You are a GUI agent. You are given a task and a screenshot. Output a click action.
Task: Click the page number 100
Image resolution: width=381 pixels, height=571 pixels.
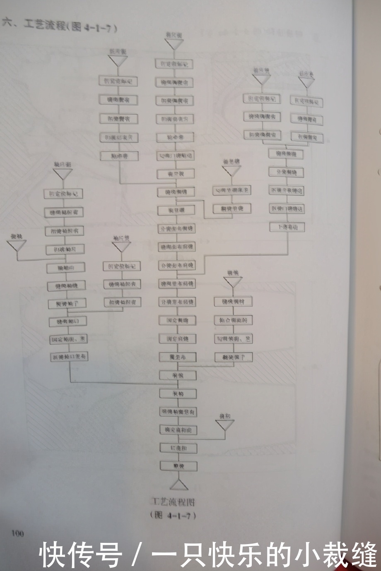tap(18, 533)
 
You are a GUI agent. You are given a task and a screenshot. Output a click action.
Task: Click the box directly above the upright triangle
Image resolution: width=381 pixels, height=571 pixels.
tap(178, 465)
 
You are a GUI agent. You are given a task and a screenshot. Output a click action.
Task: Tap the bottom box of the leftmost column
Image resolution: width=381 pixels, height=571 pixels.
tap(69, 356)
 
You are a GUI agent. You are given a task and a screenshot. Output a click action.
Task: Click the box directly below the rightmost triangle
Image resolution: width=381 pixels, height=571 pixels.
tap(307, 101)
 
